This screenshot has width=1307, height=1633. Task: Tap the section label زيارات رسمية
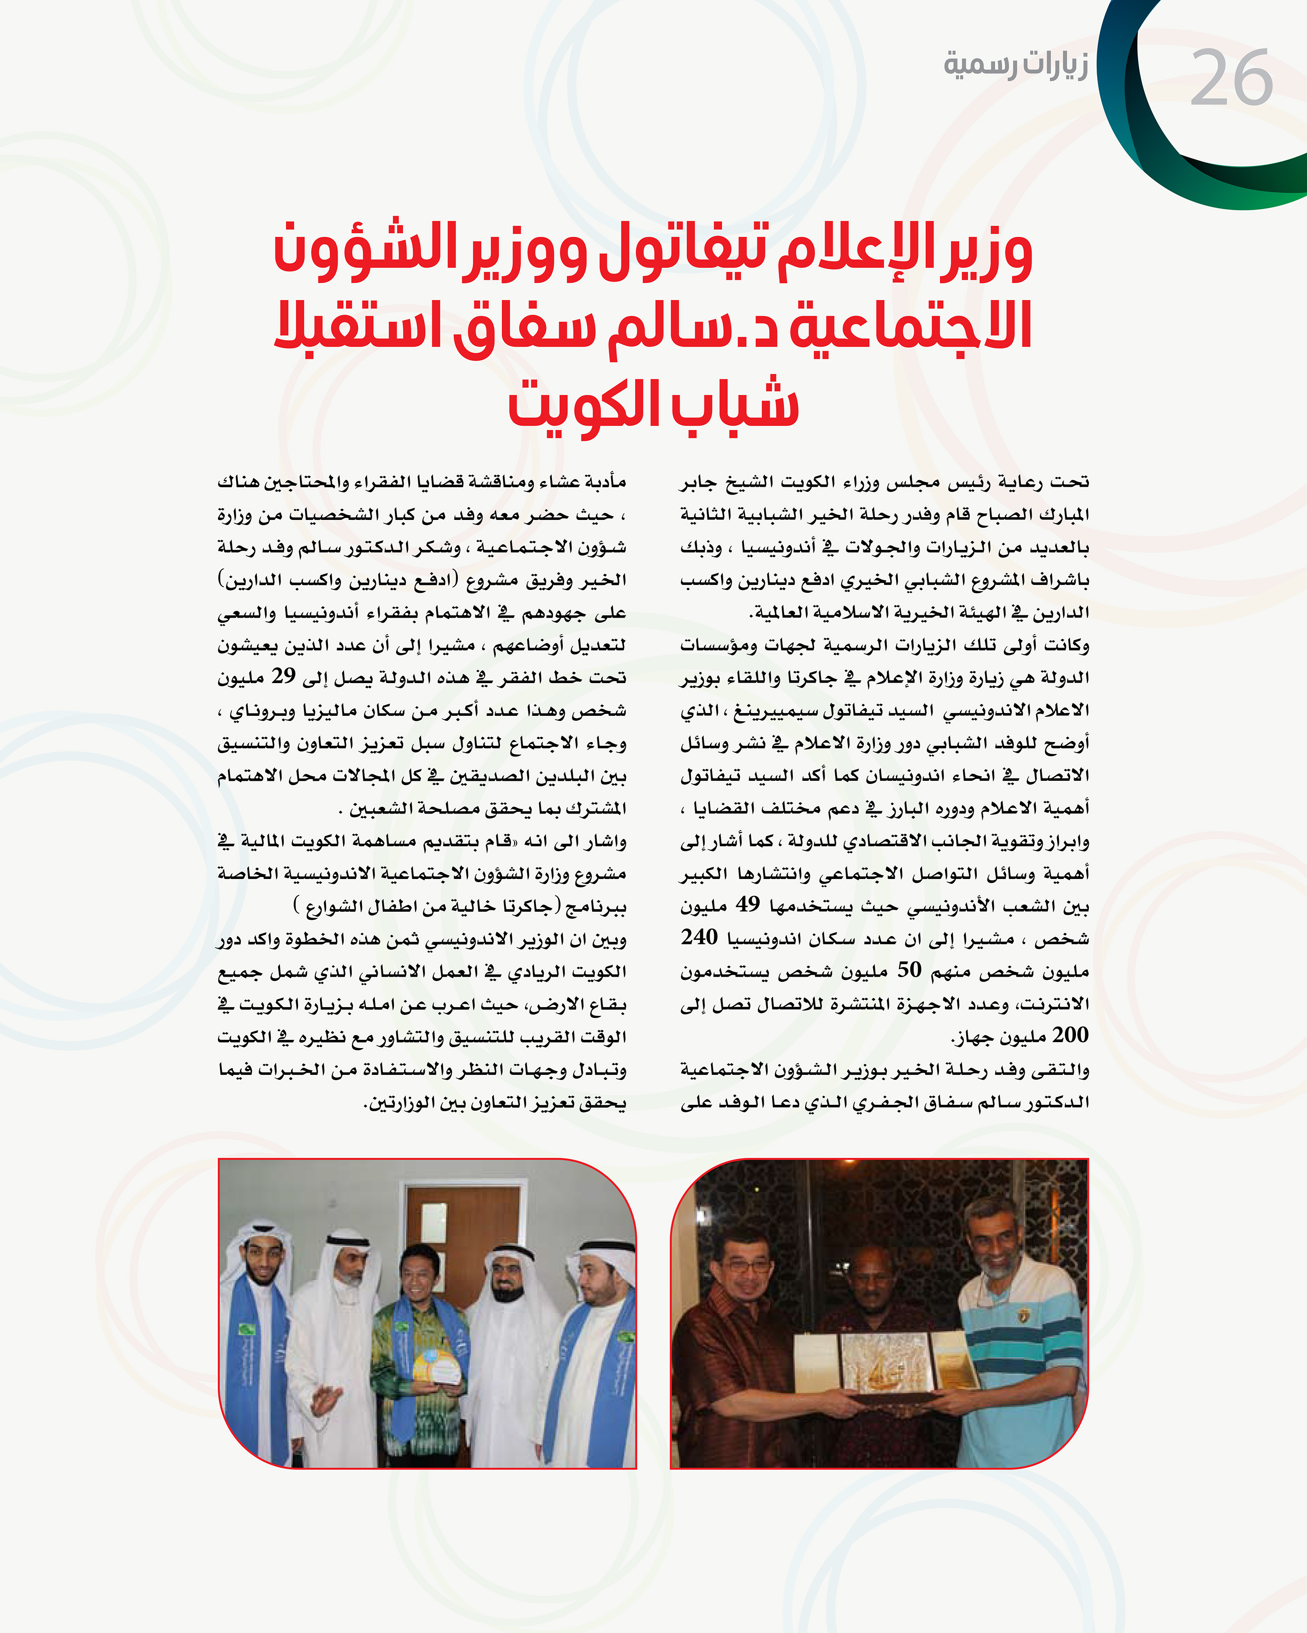click(x=1015, y=64)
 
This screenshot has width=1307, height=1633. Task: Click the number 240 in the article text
click(x=699, y=937)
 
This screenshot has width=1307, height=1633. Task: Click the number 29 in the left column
click(x=283, y=676)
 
